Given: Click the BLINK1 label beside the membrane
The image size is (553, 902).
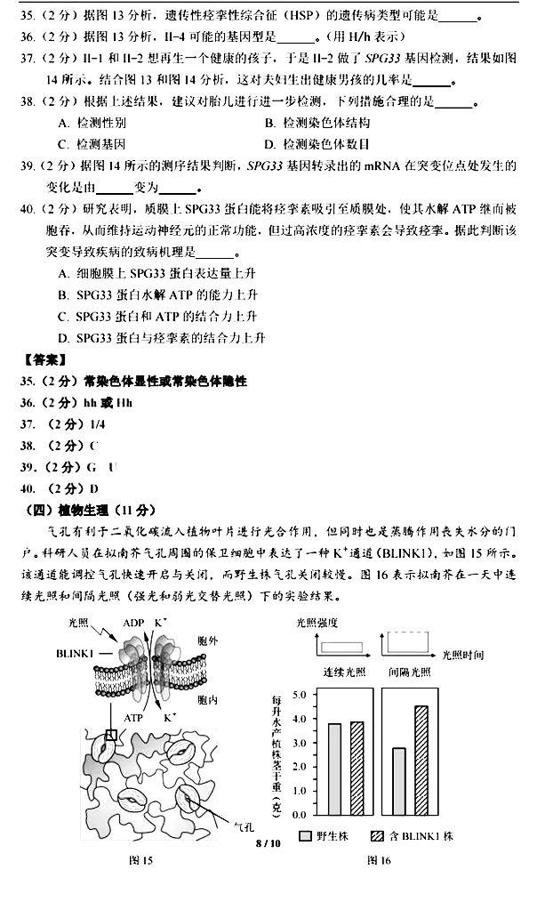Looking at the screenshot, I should [75, 652].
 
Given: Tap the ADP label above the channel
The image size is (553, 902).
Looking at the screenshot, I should [133, 623].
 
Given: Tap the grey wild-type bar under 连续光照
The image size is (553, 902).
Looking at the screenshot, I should [335, 769].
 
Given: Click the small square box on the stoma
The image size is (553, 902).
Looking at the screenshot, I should [111, 735].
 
